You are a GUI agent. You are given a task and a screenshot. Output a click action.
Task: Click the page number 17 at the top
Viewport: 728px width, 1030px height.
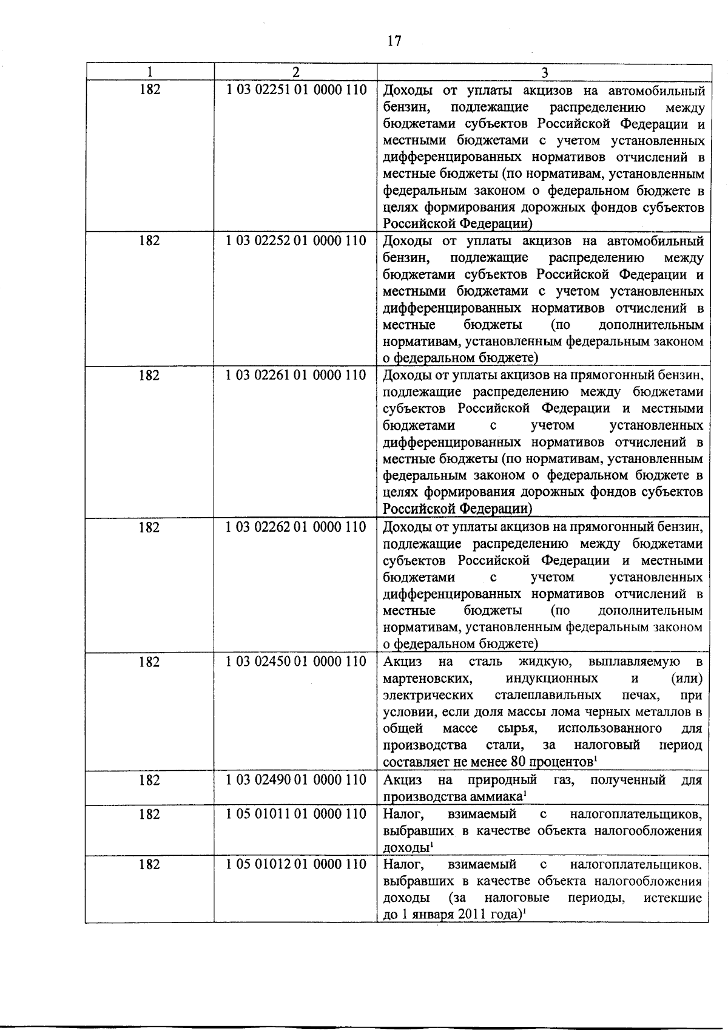(394, 41)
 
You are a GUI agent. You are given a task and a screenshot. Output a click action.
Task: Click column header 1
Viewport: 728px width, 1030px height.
(150, 72)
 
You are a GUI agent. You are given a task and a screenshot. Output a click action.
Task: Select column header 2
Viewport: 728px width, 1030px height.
(295, 72)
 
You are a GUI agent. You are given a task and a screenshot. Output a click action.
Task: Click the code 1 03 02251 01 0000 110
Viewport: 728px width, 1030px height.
(296, 90)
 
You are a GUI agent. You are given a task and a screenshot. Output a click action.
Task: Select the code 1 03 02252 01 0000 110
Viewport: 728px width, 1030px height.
(296, 240)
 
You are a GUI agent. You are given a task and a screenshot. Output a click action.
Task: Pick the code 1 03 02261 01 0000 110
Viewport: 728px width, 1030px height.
(296, 375)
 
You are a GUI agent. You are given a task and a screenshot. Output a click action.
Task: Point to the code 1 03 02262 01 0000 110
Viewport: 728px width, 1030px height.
(296, 527)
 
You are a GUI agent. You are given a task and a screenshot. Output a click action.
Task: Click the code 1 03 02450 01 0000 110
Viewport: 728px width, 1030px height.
(296, 661)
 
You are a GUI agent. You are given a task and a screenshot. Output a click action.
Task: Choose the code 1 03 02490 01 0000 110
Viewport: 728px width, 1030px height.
(296, 779)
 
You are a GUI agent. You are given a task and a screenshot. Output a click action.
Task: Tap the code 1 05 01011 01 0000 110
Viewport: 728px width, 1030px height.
(296, 813)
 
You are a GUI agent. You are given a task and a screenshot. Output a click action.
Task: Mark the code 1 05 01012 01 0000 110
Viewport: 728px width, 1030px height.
(296, 864)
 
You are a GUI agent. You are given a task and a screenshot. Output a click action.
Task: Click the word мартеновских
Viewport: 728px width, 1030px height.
(427, 678)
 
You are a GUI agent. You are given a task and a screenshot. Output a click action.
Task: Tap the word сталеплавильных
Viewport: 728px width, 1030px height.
(548, 694)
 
